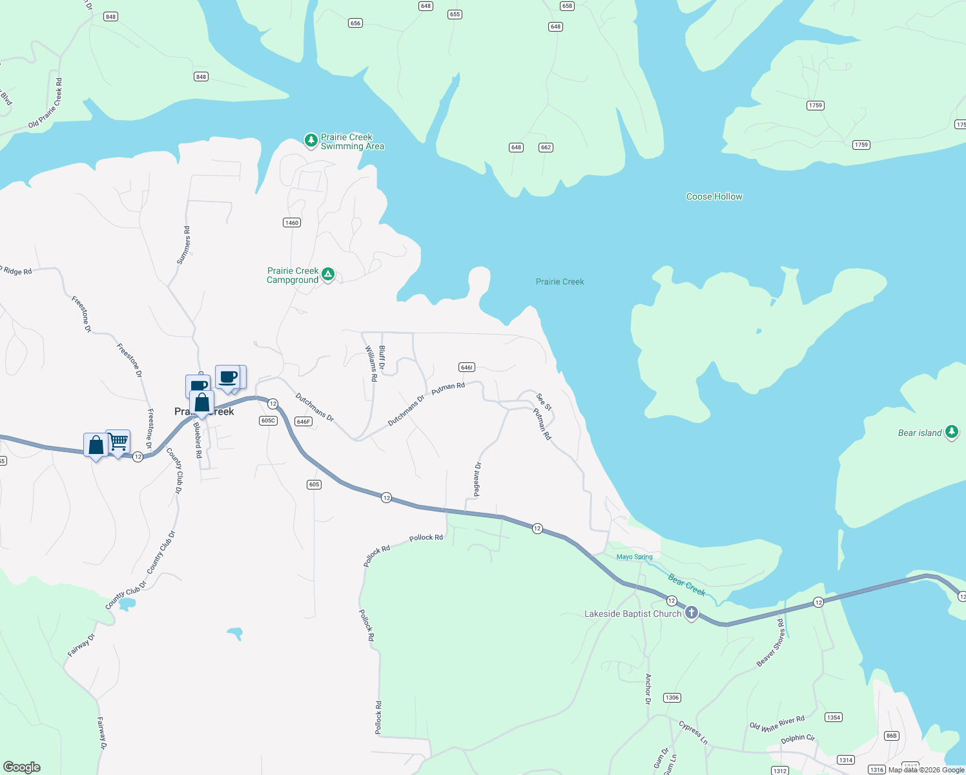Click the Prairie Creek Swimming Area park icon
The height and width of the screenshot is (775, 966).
(311, 140)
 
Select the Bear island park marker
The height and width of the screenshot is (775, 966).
(951, 432)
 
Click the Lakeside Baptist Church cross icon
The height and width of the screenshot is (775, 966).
(692, 612)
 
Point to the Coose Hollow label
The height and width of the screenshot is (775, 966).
(714, 196)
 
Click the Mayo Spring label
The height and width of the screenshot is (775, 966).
(634, 557)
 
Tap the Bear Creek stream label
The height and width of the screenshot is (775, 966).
(686, 584)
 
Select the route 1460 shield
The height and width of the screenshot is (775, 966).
(292, 223)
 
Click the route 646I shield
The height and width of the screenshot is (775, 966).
(467, 367)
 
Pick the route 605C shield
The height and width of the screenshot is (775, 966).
(268, 420)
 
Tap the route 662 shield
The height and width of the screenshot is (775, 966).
(546, 147)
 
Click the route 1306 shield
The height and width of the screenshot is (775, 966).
(672, 697)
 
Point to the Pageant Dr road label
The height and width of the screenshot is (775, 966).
(477, 479)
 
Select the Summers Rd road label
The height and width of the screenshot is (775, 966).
(184, 245)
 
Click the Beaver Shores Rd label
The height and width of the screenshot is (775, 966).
(770, 643)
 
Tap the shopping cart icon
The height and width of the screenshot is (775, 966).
(118, 442)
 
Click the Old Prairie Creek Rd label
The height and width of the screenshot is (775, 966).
(46, 103)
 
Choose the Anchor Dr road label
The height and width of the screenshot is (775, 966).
(648, 688)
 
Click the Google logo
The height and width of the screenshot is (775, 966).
(22, 767)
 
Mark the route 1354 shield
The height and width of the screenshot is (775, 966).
(834, 718)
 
